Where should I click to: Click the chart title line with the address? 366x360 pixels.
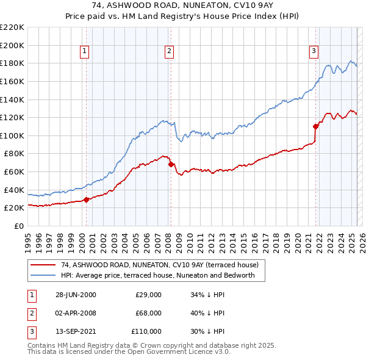click(x=183, y=6)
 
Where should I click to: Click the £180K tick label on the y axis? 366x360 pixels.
click(x=13, y=63)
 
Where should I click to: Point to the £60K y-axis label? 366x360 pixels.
click(x=15, y=171)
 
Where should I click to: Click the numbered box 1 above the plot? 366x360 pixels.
click(x=84, y=52)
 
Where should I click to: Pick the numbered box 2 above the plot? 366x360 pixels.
click(x=168, y=52)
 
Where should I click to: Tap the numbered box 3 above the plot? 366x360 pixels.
click(x=314, y=52)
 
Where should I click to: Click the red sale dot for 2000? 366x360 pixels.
click(x=87, y=199)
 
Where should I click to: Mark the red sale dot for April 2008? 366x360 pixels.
click(x=171, y=164)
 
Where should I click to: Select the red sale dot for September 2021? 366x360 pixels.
click(x=315, y=126)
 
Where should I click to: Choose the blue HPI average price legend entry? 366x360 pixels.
click(x=162, y=276)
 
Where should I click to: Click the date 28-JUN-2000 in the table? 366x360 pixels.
click(x=76, y=295)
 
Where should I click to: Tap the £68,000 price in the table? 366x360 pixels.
click(x=148, y=313)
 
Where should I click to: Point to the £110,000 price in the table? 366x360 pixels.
click(x=146, y=331)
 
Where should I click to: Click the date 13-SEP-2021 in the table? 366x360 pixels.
click(x=76, y=331)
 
